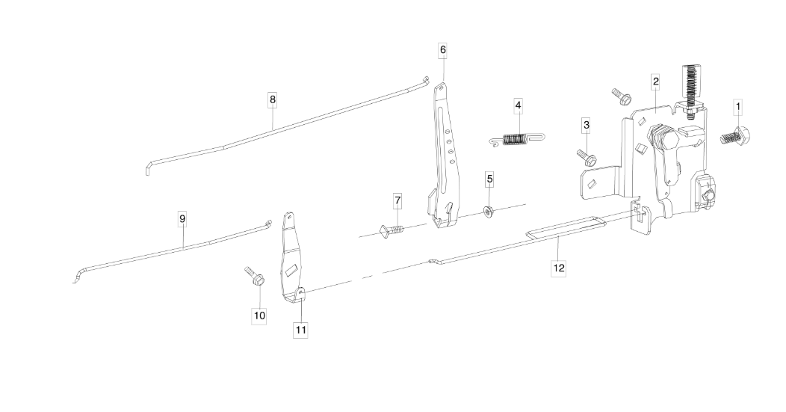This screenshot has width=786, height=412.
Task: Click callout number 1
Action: (738, 107)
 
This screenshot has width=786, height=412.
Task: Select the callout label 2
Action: (655, 81)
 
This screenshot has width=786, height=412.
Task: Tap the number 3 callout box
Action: (587, 124)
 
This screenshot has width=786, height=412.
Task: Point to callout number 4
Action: (518, 105)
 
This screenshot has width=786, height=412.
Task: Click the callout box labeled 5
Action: (489, 179)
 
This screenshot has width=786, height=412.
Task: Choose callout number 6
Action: (443, 49)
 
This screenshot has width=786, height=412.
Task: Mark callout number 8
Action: (273, 99)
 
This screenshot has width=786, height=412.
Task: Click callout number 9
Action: (182, 218)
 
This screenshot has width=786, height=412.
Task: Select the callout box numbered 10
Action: (259, 316)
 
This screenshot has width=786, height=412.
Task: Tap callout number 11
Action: (301, 329)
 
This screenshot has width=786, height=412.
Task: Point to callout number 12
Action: (559, 267)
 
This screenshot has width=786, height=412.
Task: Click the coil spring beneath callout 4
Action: (517, 139)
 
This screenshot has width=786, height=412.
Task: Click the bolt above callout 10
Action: (253, 277)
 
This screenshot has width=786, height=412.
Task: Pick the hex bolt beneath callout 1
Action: (737, 138)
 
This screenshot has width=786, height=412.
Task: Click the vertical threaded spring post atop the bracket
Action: (691, 87)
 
